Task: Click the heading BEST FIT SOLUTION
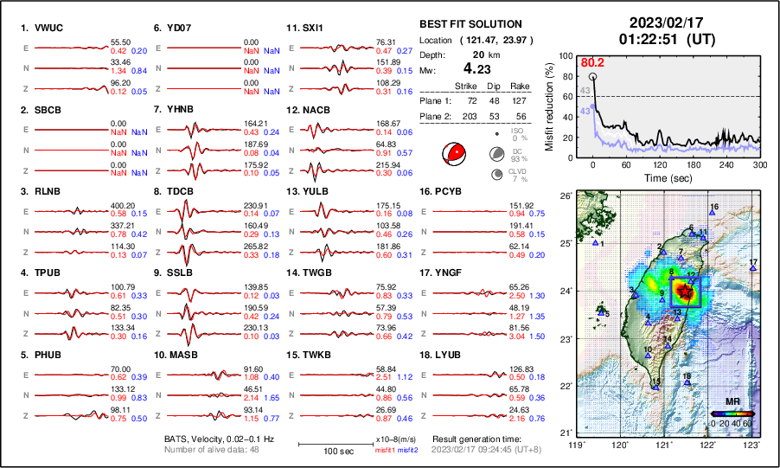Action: (470, 24)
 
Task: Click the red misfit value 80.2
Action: (592, 62)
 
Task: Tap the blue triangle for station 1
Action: (596, 244)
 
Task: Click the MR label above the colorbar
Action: (732, 403)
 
